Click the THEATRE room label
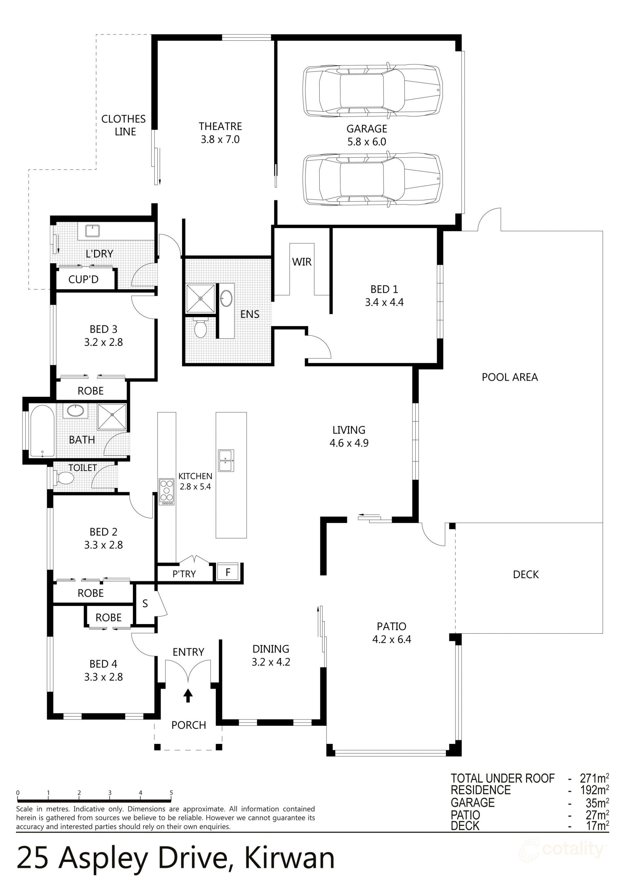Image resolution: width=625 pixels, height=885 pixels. pyautogui.click(x=220, y=126)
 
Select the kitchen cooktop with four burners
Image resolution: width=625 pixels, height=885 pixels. pyautogui.click(x=166, y=492)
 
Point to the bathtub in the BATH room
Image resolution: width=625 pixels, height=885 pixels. pyautogui.click(x=42, y=431)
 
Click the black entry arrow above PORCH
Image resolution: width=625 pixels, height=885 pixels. pyautogui.click(x=188, y=696)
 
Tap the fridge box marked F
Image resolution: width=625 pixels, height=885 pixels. pyautogui.click(x=228, y=572)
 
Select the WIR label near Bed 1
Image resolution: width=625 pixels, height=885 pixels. pyautogui.click(x=302, y=262)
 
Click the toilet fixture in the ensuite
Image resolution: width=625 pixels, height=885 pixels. pyautogui.click(x=200, y=328)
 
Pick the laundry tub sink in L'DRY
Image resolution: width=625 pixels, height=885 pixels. pyautogui.click(x=92, y=231)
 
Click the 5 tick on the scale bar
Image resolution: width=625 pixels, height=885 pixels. pyautogui.click(x=171, y=793)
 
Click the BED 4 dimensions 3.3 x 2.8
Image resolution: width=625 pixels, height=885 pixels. pyautogui.click(x=103, y=677)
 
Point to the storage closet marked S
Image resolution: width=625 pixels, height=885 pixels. pyautogui.click(x=145, y=604)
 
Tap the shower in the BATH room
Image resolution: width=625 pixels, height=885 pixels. pyautogui.click(x=112, y=416)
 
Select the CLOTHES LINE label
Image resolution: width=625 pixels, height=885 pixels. pyautogui.click(x=124, y=125)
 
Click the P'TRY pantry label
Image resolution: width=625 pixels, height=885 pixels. pyautogui.click(x=184, y=574)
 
